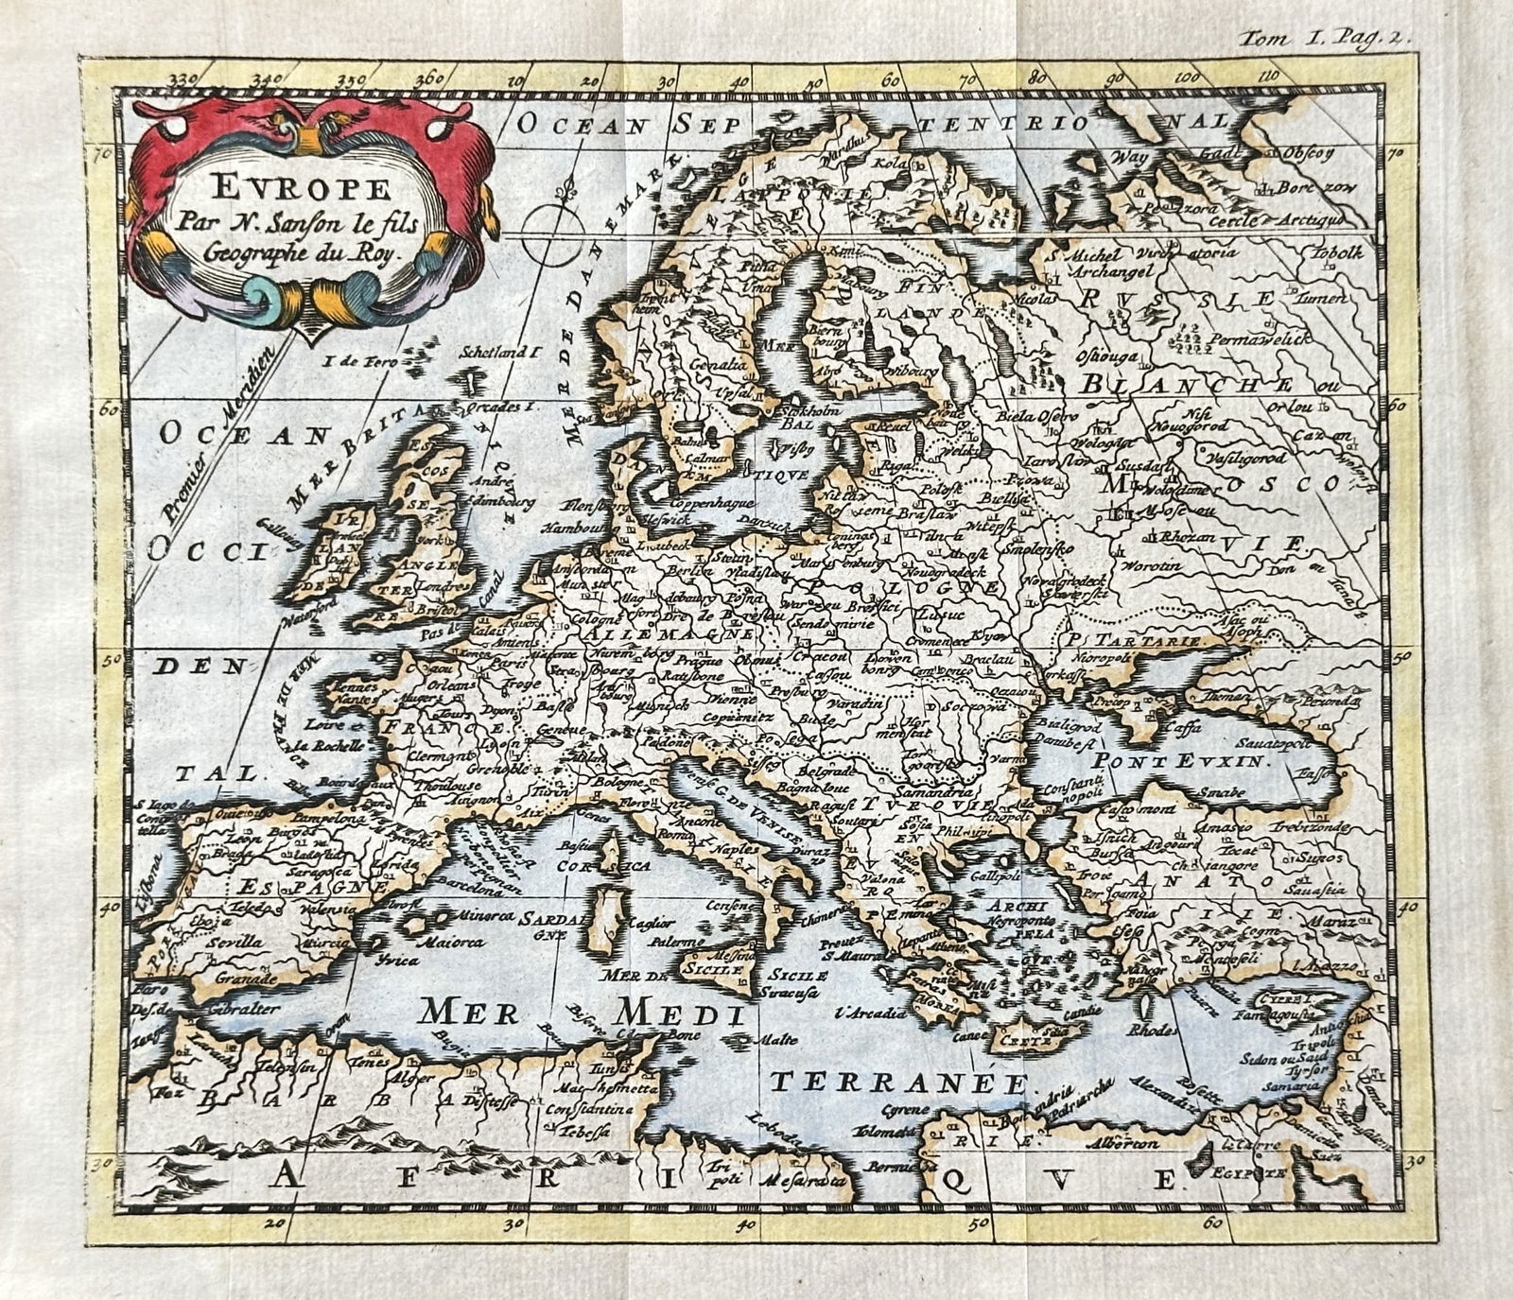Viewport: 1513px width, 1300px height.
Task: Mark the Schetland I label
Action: [498, 353]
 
